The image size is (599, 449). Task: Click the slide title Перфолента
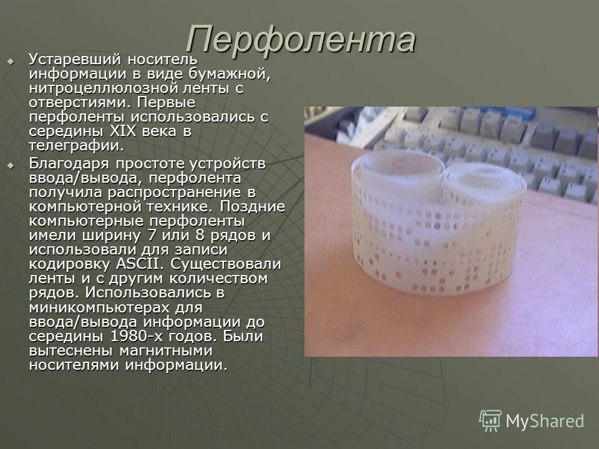(x=300, y=40)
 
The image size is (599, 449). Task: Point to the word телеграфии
(x=75, y=146)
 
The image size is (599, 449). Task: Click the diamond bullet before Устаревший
(x=10, y=60)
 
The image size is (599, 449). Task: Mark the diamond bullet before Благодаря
(x=10, y=165)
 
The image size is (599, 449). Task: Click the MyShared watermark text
(x=545, y=421)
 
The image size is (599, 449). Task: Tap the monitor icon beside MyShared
(x=490, y=421)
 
